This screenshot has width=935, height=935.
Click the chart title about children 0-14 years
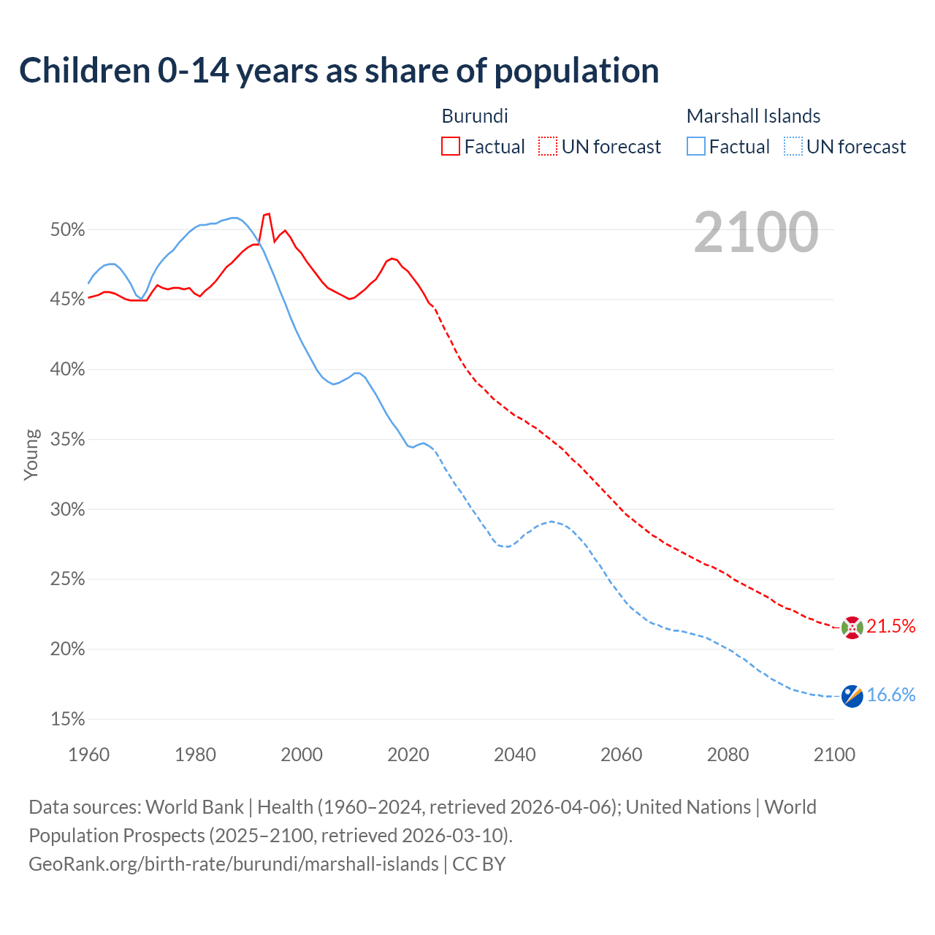tap(339, 71)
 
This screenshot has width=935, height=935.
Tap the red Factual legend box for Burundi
tap(451, 147)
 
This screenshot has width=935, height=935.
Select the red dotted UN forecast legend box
tap(548, 147)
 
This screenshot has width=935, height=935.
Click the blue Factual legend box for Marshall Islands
tap(696, 147)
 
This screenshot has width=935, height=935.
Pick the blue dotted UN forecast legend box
tap(793, 147)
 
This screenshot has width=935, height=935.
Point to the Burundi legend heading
tap(475, 116)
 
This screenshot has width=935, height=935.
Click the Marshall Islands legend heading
tap(753, 116)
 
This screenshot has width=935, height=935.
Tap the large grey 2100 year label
tap(756, 232)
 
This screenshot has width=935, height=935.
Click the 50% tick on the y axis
tap(68, 230)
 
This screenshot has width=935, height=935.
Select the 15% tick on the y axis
tap(68, 720)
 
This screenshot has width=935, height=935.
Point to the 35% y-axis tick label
tap(68, 440)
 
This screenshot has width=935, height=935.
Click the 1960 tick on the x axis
tap(88, 755)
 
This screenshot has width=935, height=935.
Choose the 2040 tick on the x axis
tap(515, 755)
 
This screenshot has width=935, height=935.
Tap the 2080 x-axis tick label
tap(728, 755)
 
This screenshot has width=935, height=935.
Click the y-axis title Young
tap(31, 454)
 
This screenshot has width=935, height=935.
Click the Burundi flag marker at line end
tap(852, 627)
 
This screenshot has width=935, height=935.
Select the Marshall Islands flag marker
tap(852, 696)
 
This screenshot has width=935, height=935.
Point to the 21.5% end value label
tap(891, 626)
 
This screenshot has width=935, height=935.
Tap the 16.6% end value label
tap(891, 695)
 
